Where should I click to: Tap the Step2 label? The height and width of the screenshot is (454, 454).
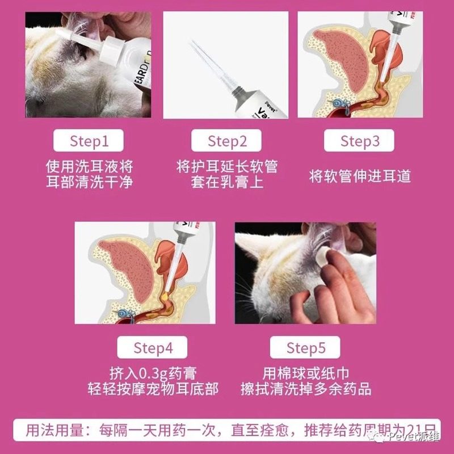227,141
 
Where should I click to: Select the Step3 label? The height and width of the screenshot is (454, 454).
360,141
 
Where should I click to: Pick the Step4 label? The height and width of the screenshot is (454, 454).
153,347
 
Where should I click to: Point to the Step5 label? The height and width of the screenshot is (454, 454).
305,347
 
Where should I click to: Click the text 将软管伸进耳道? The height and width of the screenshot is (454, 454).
360,175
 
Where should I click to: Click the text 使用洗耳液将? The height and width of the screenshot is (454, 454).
89,167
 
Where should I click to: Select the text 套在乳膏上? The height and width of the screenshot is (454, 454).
227,183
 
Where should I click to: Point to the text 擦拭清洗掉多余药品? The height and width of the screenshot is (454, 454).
306,389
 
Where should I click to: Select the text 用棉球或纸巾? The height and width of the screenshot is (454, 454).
306,373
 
